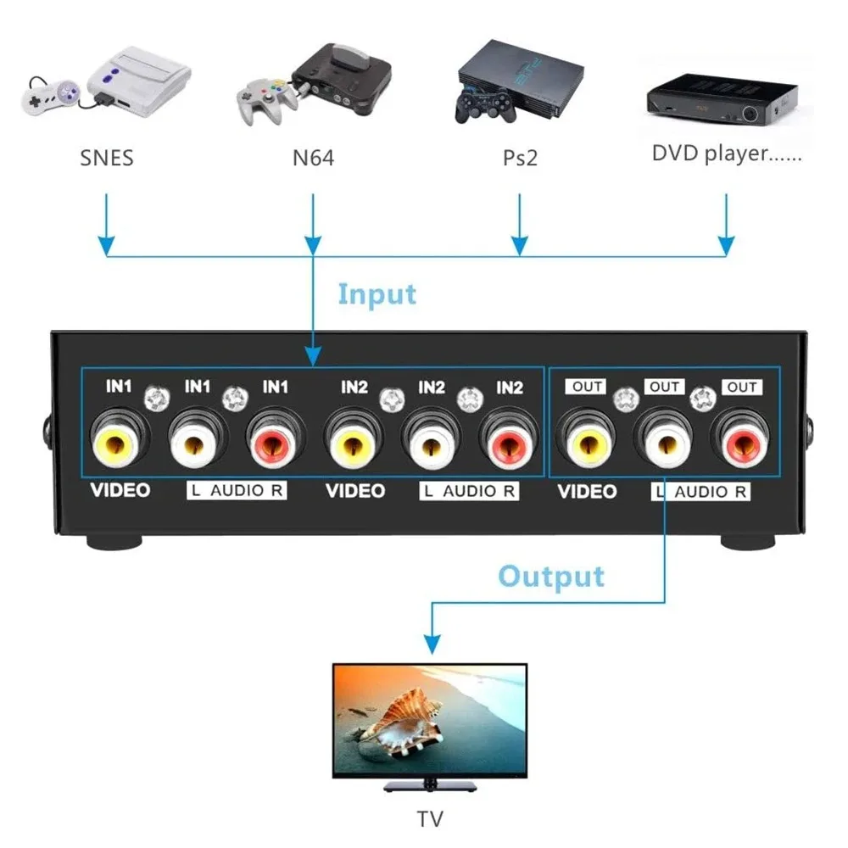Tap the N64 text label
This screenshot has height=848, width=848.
pyautogui.click(x=313, y=157)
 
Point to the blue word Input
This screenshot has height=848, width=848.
pyautogui.click(x=377, y=294)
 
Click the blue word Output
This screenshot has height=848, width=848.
pyautogui.click(x=551, y=576)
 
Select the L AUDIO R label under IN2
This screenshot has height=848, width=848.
pyautogui.click(x=469, y=491)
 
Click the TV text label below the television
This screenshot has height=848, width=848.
pyautogui.click(x=430, y=819)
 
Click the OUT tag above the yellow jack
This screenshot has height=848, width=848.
pyautogui.click(x=587, y=387)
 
